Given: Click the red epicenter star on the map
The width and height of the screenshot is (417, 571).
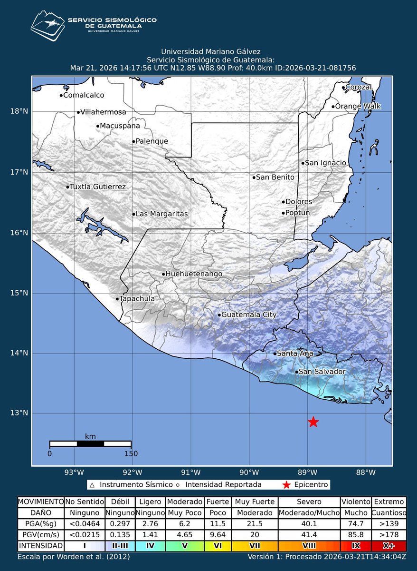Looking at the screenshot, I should [313, 422].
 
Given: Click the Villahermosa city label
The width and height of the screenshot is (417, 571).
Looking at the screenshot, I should [104, 112].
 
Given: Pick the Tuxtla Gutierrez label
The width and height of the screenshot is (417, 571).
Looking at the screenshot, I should [98, 187].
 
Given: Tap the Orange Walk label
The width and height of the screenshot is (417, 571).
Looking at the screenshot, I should [358, 106].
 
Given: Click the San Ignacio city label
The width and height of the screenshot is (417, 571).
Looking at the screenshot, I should [325, 163].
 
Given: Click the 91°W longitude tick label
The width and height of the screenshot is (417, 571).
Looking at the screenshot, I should [191, 473].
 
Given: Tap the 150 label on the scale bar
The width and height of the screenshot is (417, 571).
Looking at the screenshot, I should [131, 453].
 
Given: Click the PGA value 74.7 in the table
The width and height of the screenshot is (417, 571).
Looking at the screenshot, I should [356, 523].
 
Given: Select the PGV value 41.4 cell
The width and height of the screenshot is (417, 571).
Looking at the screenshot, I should [309, 534].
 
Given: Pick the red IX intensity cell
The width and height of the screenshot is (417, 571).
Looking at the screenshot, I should [356, 545].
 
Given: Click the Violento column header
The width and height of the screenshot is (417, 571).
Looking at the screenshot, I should [356, 502].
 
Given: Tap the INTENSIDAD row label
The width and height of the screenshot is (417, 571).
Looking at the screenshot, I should [40, 545].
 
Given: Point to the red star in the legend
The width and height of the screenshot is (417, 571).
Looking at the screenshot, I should [285, 485].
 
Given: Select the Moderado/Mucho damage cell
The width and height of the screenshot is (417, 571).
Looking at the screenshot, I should [309, 513].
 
